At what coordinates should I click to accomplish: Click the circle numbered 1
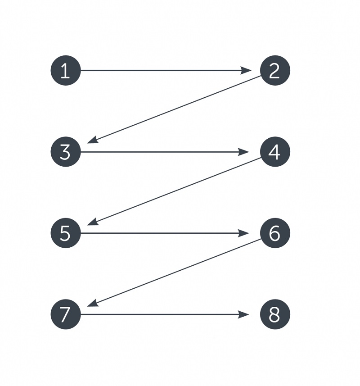pyautogui.click(x=66, y=70)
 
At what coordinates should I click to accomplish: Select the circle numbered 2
pyautogui.click(x=275, y=70)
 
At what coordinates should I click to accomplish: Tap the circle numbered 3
pyautogui.click(x=66, y=152)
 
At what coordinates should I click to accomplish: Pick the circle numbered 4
pyautogui.click(x=275, y=152)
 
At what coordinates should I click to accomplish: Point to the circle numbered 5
pyautogui.click(x=66, y=233)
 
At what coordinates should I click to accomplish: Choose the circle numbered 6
pyautogui.click(x=275, y=233)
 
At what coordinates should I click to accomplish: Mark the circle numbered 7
pyautogui.click(x=66, y=314)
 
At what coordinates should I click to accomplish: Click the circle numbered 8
pyautogui.click(x=275, y=314)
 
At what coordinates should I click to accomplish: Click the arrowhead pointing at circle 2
pyautogui.click(x=246, y=70)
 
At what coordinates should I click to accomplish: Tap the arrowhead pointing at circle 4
pyautogui.click(x=243, y=152)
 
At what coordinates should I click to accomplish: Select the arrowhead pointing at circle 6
pyautogui.click(x=243, y=233)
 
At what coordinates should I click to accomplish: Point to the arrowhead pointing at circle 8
pyautogui.click(x=243, y=314)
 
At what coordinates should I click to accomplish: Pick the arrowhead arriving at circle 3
pyautogui.click(x=93, y=141)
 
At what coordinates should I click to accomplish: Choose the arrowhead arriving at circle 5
pyautogui.click(x=93, y=222)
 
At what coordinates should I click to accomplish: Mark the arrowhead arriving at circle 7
pyautogui.click(x=93, y=303)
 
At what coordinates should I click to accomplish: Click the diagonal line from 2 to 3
pyautogui.click(x=174, y=109)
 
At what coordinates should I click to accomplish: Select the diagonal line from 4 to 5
pyautogui.click(x=174, y=191)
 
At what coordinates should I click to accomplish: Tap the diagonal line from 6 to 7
pyautogui.click(x=174, y=272)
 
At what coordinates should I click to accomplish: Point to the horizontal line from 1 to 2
pyautogui.click(x=166, y=70)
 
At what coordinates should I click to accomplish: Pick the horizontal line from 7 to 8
pyautogui.click(x=165, y=314)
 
